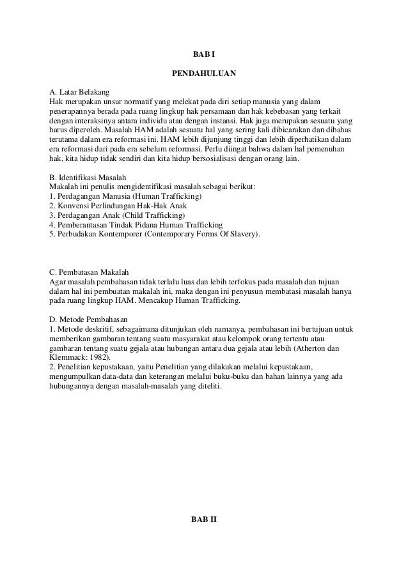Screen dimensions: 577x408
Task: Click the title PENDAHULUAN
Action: (x=204, y=74)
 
